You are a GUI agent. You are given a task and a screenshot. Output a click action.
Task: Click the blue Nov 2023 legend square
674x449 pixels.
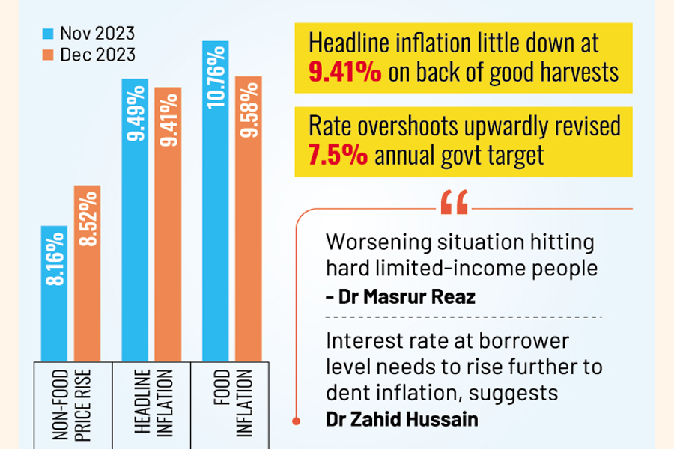[x=48, y=34]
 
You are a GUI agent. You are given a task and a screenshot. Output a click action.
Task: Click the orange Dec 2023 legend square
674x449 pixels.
[x=48, y=55]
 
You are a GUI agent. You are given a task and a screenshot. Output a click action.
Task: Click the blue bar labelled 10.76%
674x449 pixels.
[x=214, y=202]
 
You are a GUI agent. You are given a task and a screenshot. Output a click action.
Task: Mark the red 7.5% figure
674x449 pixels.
[x=336, y=156]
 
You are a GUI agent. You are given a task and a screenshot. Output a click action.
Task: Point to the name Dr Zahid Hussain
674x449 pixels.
[x=392, y=418]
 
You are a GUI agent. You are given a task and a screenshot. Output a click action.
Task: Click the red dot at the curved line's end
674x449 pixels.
[x=297, y=421]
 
